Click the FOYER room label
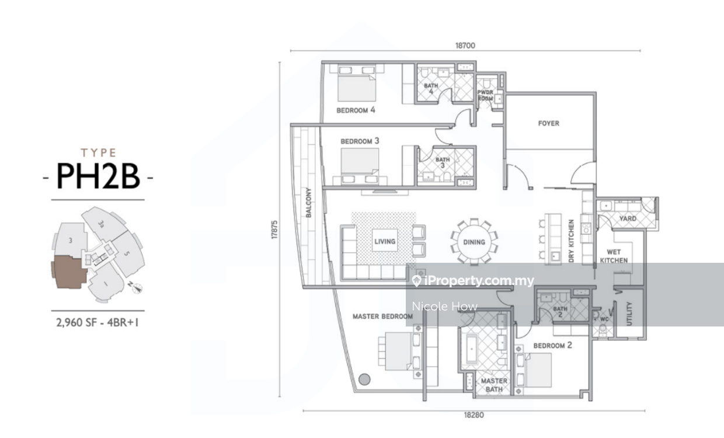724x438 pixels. (x=548, y=123)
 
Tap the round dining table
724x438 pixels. (x=474, y=242)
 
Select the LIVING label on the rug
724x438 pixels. (x=385, y=241)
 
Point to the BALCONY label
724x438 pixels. (x=308, y=203)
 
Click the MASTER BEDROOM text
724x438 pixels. (x=382, y=317)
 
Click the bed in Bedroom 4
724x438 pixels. (x=356, y=88)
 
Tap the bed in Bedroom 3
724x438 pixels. (x=360, y=161)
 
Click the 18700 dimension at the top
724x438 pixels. (x=465, y=45)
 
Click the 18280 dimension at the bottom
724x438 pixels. (x=474, y=416)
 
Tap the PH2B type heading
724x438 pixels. (x=98, y=175)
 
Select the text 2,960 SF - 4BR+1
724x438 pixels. (x=98, y=321)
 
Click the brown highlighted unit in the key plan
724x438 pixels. (x=68, y=272)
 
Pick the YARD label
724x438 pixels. (x=628, y=219)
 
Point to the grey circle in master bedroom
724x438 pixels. (x=364, y=379)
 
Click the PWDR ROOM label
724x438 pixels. (x=485, y=96)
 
